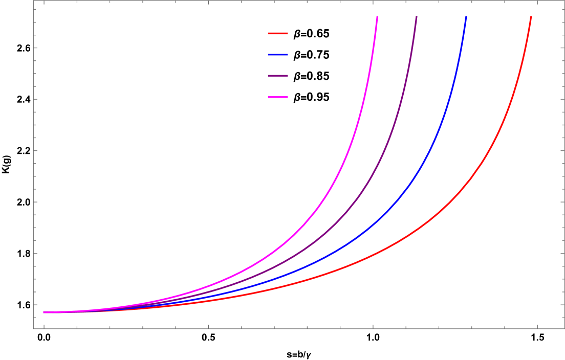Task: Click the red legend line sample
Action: pyautogui.click(x=278, y=34)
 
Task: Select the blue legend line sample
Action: pyautogui.click(x=278, y=55)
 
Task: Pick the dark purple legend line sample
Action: pyautogui.click(x=278, y=76)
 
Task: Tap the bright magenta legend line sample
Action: pyautogui.click(x=278, y=97)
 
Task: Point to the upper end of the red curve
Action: pyautogui.click(x=531, y=17)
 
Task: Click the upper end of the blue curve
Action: pyautogui.click(x=466, y=17)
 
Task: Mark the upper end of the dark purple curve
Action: pyautogui.click(x=416, y=17)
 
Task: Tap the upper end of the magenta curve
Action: pyautogui.click(x=377, y=17)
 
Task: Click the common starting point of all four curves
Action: pyautogui.click(x=44, y=312)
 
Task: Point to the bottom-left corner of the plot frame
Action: pyautogui.click(x=34, y=328)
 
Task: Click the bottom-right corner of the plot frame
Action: pyautogui.click(x=564, y=328)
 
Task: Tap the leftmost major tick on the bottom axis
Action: pyautogui.click(x=44, y=327)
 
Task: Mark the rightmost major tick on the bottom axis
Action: pyautogui.click(x=537, y=327)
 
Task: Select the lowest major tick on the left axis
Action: pyautogui.click(x=35, y=305)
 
